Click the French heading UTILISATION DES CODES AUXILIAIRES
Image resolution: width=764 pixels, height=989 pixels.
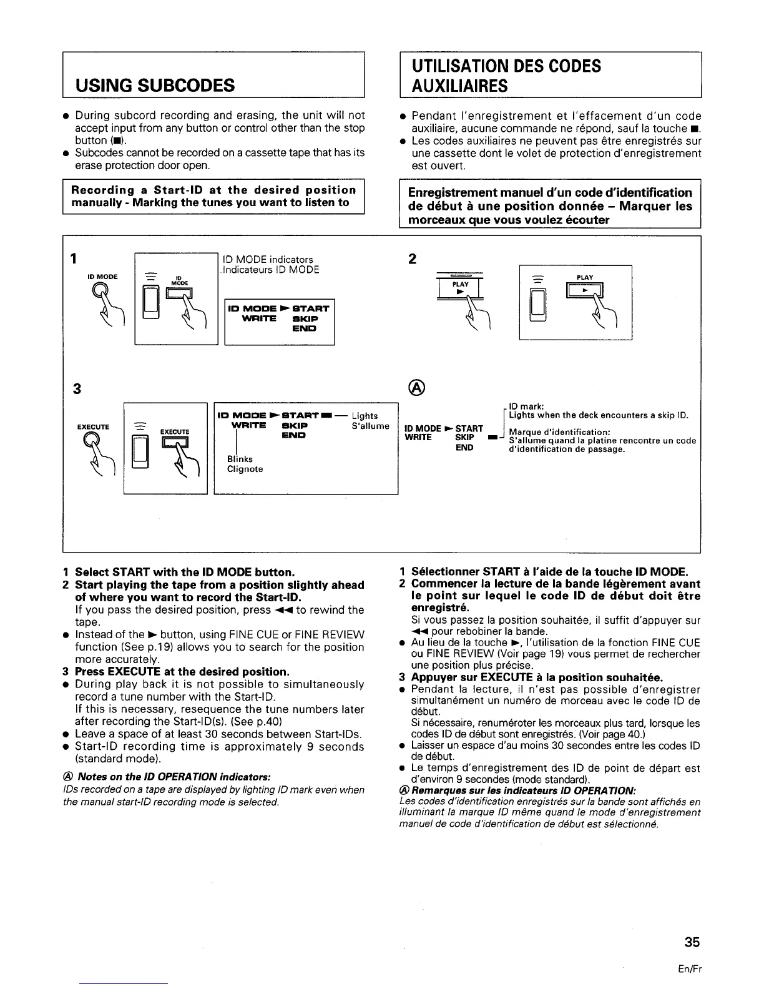[506, 76]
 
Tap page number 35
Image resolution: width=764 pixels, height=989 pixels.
[692, 942]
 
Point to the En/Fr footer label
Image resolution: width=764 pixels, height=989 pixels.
[692, 969]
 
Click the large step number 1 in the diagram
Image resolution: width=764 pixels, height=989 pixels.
[74, 258]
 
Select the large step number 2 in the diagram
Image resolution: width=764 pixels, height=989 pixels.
[412, 258]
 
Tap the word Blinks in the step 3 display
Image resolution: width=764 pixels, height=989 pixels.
[240, 459]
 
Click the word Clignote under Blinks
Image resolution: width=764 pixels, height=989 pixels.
[245, 469]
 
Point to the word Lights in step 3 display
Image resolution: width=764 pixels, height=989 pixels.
[365, 416]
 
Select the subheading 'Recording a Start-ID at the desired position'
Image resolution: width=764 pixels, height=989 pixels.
[213, 190]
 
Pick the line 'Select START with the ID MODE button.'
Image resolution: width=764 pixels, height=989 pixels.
[184, 572]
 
